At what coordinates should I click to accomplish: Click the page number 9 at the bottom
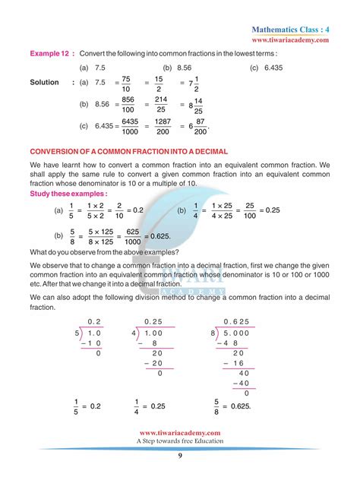click(180, 456)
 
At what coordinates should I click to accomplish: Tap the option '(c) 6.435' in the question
click(263, 68)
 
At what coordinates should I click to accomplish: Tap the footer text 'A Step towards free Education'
click(180, 441)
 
